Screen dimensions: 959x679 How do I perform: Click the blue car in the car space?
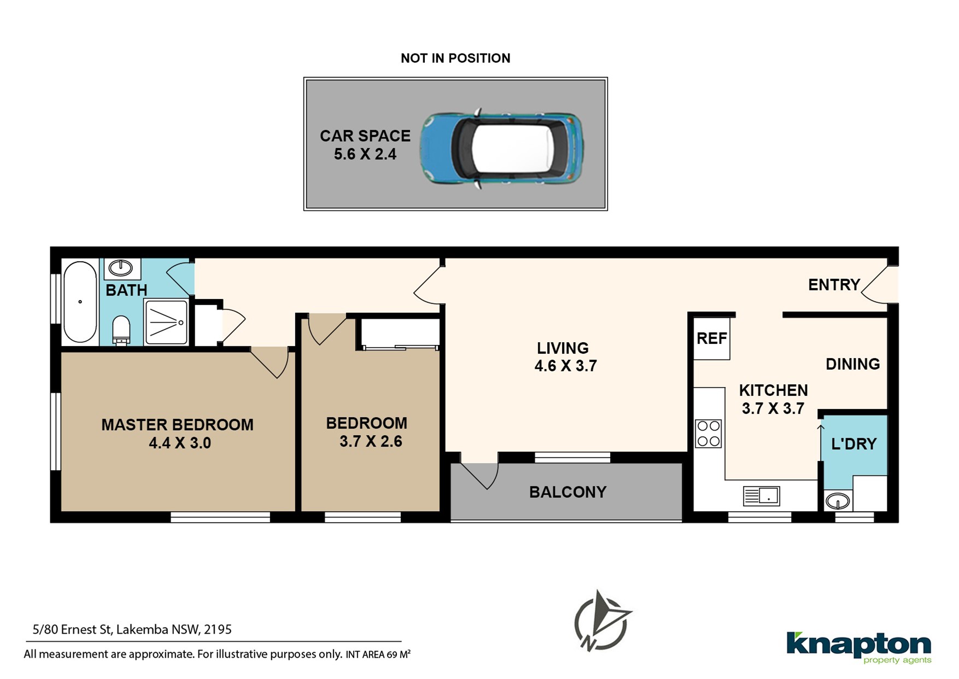[501, 148]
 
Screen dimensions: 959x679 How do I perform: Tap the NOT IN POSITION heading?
[455, 58]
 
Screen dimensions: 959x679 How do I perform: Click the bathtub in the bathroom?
[80, 302]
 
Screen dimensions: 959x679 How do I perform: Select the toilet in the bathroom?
[121, 330]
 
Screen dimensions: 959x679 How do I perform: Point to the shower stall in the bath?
[167, 322]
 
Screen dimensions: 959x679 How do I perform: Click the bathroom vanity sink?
[120, 268]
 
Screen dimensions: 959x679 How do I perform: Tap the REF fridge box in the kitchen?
[712, 338]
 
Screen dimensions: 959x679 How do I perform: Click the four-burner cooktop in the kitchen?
[708, 434]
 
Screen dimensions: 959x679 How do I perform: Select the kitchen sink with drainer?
[761, 496]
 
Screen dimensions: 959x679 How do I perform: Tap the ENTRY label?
[834, 284]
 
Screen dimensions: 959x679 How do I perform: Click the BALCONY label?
[568, 492]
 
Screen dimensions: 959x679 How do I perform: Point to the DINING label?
[852, 364]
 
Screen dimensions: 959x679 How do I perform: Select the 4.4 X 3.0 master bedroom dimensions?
[180, 443]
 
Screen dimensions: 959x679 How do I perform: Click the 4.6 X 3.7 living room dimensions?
[565, 366]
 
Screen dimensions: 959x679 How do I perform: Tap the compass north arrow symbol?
[603, 622]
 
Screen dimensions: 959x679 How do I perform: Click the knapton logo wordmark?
[858, 646]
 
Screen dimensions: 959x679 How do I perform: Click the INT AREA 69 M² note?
[378, 654]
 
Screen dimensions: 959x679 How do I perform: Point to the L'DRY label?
[853, 444]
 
